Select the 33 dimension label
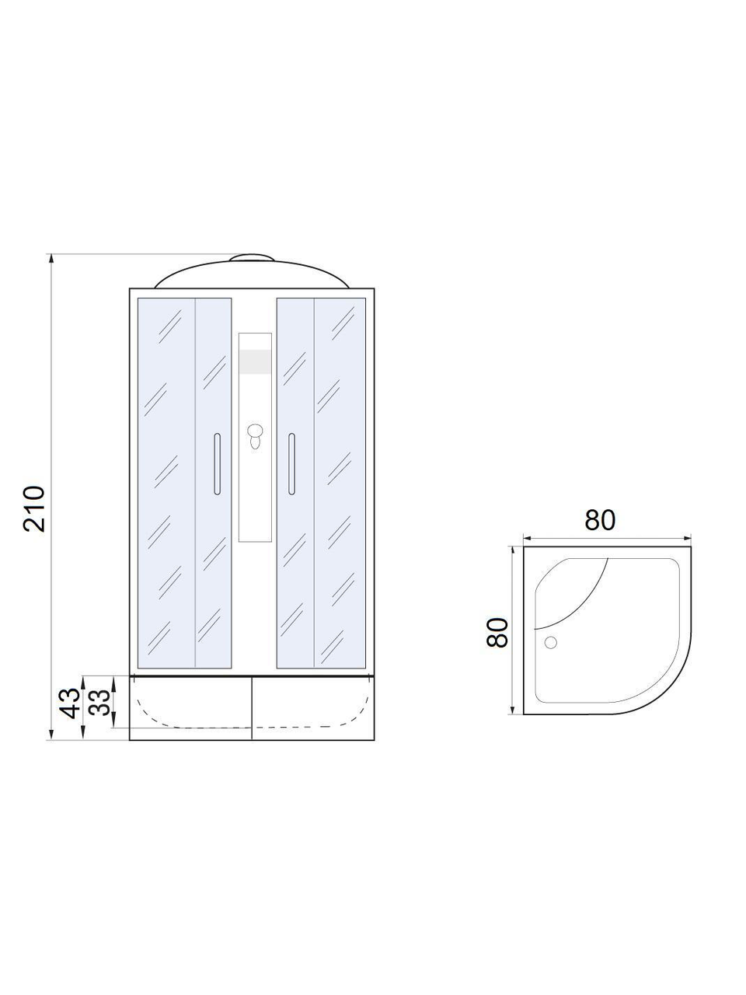coord(99,703)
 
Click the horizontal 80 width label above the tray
coord(600,520)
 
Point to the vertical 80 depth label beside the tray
coord(497,632)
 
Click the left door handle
coord(217,464)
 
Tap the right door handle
coord(291,464)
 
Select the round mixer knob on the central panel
coord(256,430)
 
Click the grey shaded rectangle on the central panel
coord(256,362)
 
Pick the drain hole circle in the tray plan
coord(551,642)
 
